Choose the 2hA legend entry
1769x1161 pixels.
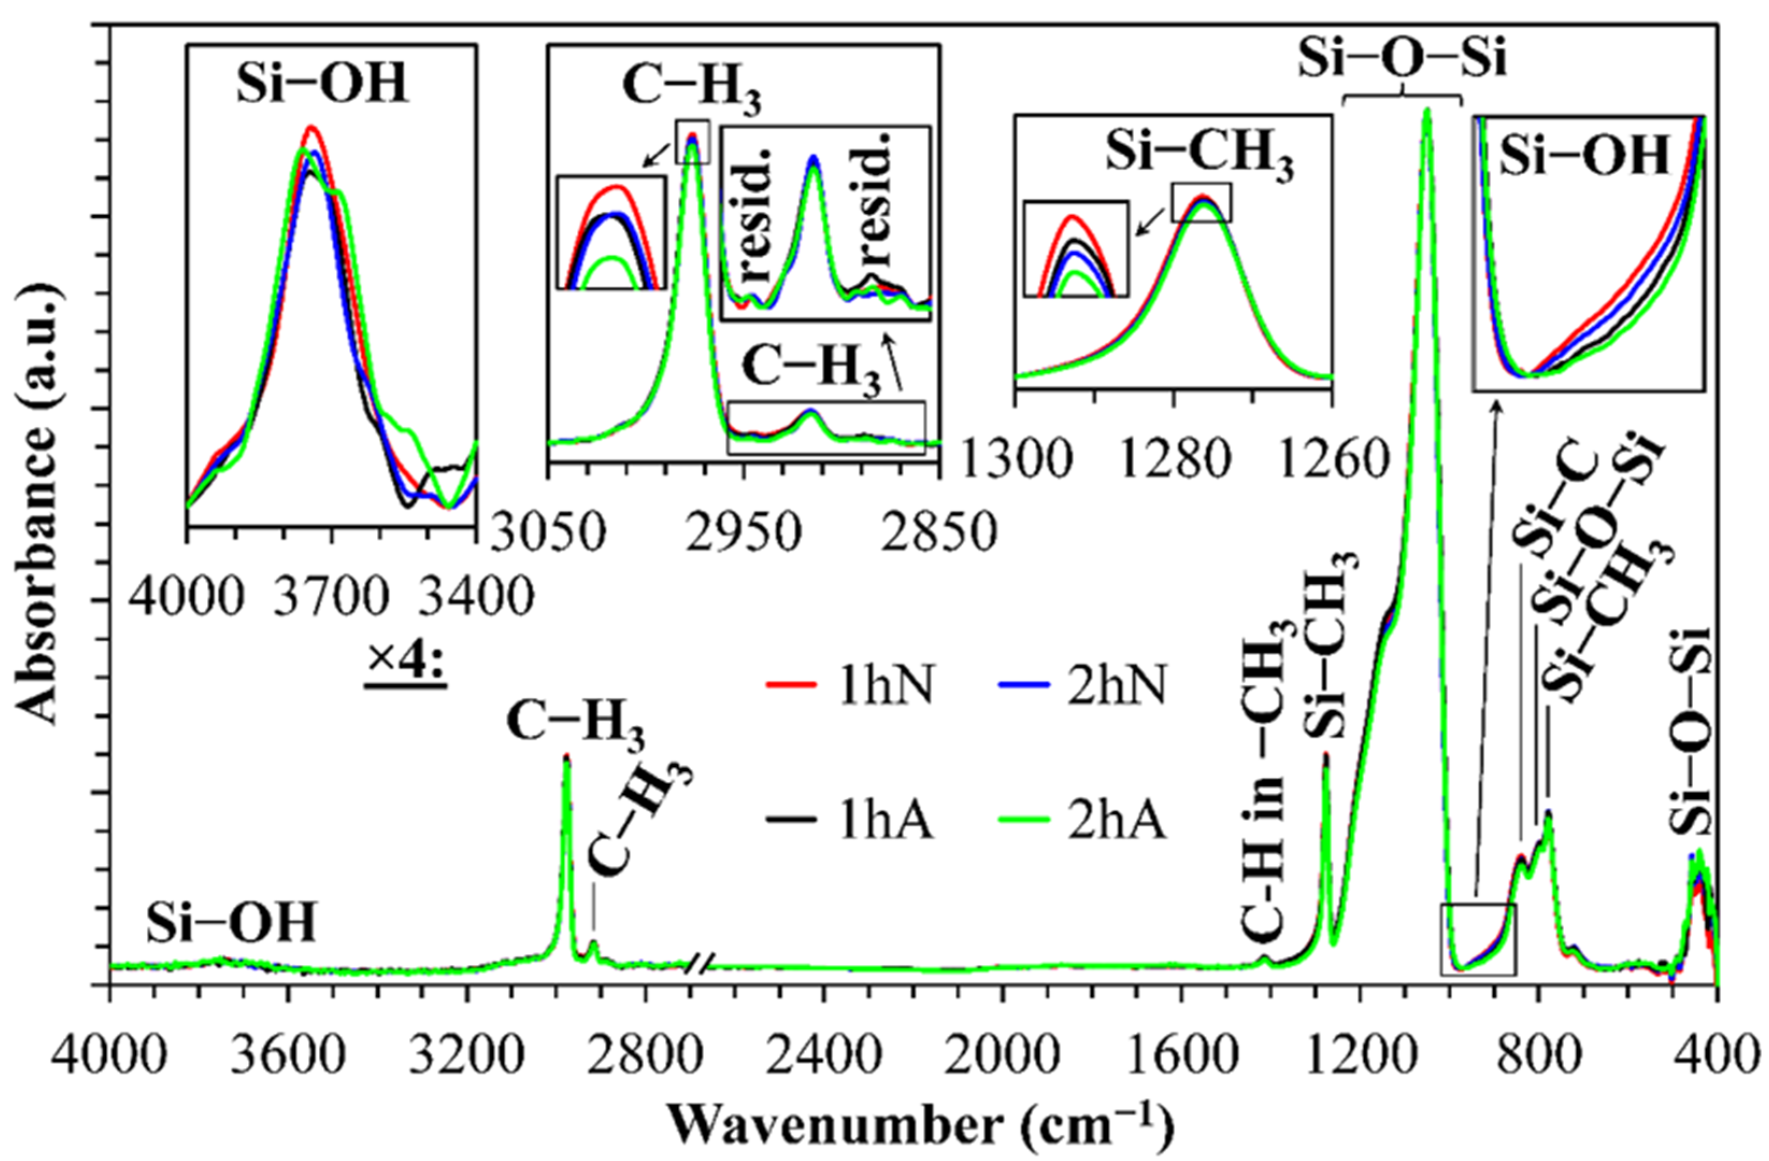point(1078,823)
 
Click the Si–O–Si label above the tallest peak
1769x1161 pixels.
point(1402,60)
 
